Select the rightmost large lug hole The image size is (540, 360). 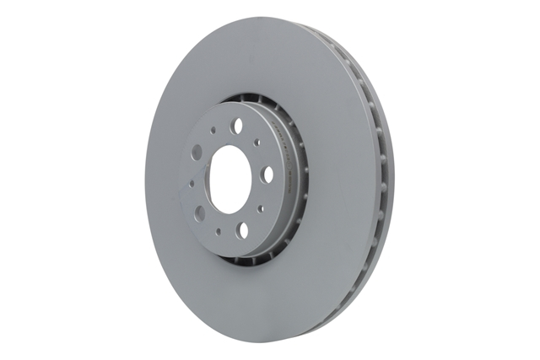pos(267,174)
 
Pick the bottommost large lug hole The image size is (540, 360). pos(243,228)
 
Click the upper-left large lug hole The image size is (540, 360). pos(197,152)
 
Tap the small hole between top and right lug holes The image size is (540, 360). pos(259,143)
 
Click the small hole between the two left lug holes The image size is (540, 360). pos(192,182)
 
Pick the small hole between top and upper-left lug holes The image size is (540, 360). pos(212,128)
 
